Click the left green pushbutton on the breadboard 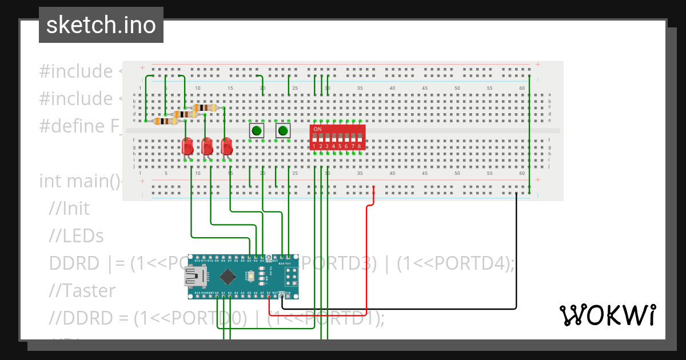257,131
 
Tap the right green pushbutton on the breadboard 282,131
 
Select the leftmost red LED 187,147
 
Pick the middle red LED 207,147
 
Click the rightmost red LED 227,147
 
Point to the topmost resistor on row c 204,107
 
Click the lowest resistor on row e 165,121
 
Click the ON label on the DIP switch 318,129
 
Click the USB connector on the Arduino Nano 195,278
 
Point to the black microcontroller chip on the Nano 228,277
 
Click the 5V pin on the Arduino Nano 269,294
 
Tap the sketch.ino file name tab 101,25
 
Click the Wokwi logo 607,315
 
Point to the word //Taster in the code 82,291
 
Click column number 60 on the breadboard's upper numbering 522,88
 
